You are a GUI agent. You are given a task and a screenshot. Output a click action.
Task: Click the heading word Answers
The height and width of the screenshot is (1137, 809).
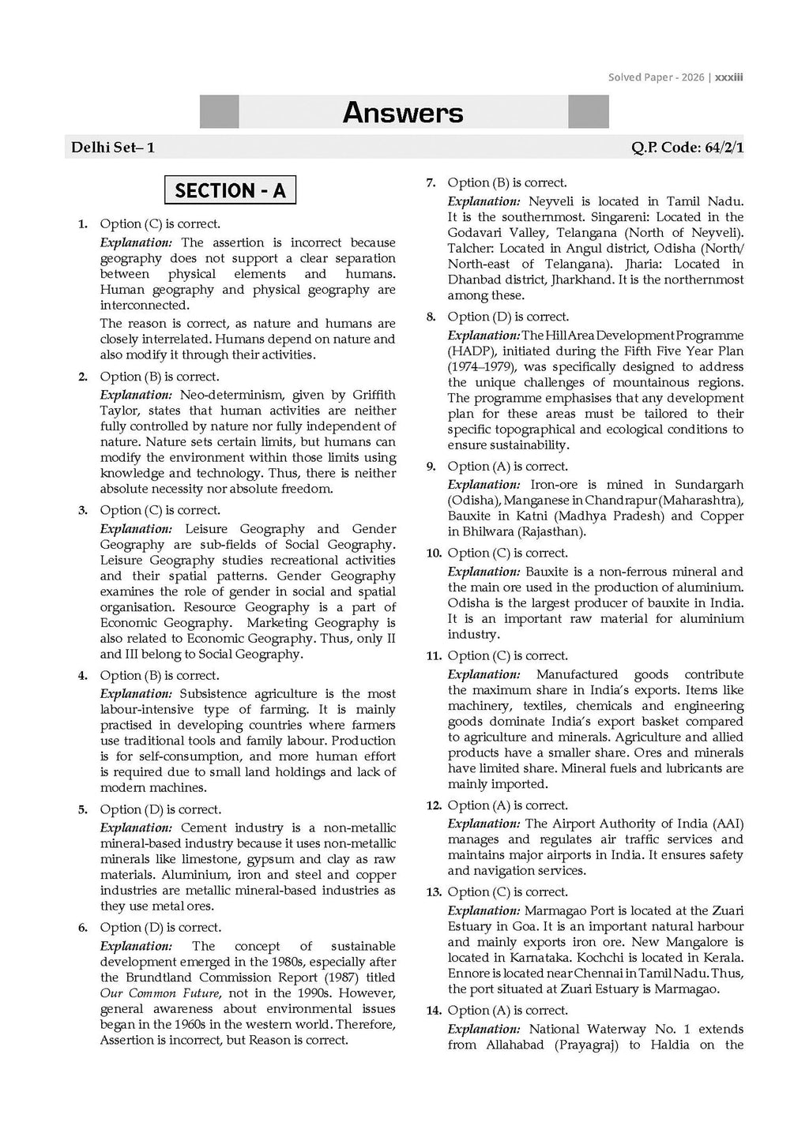[403, 113]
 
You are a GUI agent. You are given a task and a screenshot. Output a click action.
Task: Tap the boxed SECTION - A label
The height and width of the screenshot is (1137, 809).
[230, 190]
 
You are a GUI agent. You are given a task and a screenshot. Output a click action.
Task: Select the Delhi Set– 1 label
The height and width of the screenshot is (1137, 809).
[113, 148]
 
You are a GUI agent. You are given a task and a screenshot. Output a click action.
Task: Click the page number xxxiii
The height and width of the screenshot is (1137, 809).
[728, 77]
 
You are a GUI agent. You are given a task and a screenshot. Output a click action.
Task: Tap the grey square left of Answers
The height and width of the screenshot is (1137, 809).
[219, 111]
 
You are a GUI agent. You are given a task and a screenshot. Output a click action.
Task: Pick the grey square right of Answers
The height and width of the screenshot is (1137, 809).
[589, 111]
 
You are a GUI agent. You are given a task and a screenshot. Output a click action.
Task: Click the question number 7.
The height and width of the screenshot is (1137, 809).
[431, 183]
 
